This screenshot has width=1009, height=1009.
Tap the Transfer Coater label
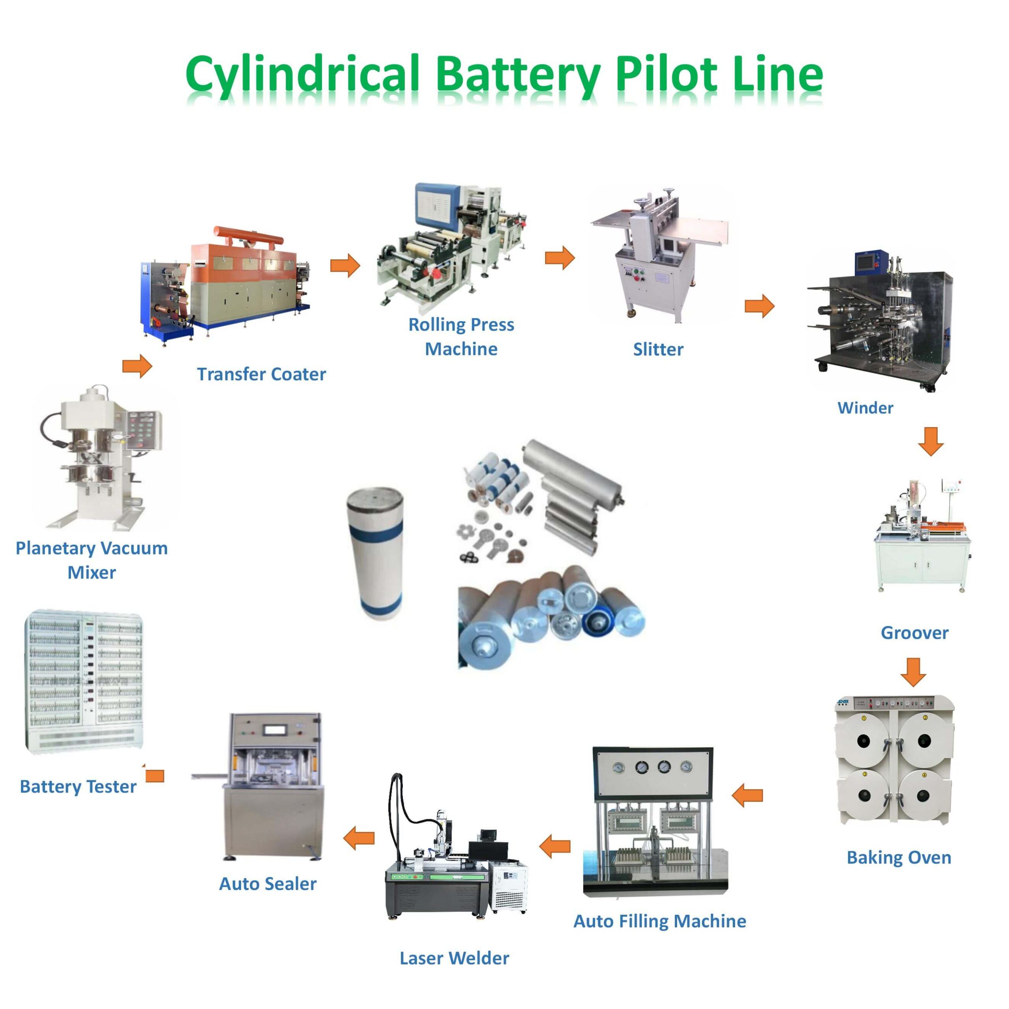[x=261, y=374]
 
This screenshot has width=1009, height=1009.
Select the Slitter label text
[x=658, y=349]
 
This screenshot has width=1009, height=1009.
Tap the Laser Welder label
[x=454, y=958]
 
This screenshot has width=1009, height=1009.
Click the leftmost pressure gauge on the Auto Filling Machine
[x=618, y=768]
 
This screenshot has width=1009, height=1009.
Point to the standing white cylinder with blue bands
[x=375, y=554]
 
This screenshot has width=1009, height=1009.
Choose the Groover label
[x=914, y=633]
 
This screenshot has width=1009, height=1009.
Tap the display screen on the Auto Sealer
[x=275, y=730]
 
